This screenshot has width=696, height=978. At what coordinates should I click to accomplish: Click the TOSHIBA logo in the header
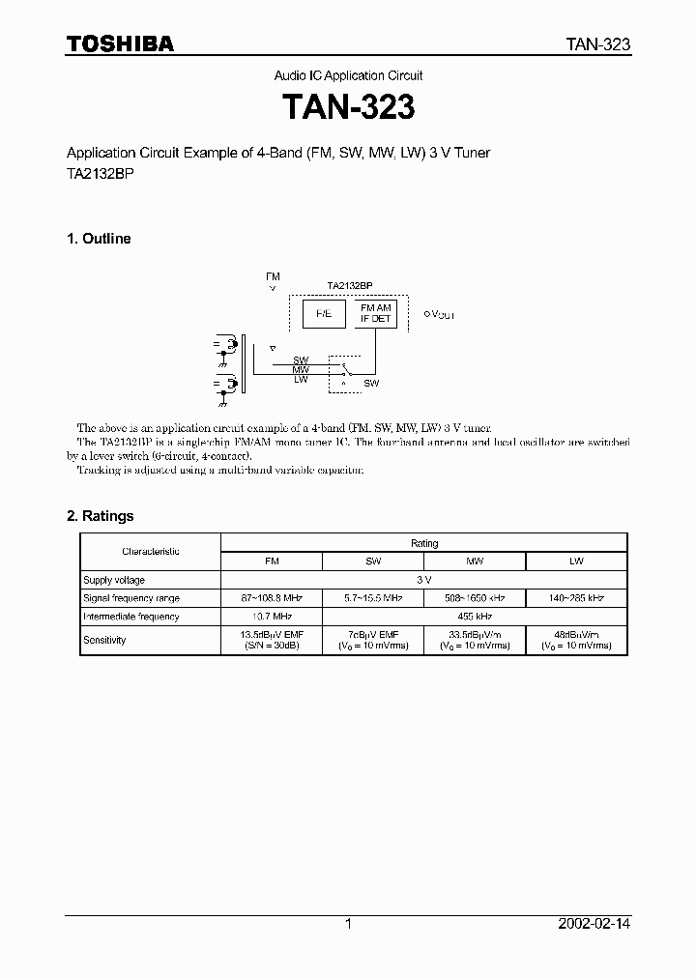click(x=120, y=43)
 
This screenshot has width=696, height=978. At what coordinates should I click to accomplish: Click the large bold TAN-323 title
click(x=348, y=107)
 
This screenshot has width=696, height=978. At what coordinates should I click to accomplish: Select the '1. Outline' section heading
click(x=99, y=239)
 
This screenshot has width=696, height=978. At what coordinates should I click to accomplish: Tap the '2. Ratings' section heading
click(x=101, y=516)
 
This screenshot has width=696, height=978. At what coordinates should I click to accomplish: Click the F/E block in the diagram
click(x=317, y=313)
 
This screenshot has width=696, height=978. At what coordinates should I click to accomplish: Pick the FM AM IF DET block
click(x=376, y=312)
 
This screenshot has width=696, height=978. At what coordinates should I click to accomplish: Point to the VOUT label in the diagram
click(x=441, y=315)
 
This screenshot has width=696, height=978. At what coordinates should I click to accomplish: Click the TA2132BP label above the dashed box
click(x=349, y=286)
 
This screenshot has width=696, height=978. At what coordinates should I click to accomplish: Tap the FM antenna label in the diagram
click(x=273, y=276)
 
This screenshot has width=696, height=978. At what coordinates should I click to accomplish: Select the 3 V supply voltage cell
click(x=424, y=580)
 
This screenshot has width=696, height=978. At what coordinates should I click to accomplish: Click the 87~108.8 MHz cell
click(x=272, y=598)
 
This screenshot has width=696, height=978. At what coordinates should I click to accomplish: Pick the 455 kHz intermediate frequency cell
click(x=475, y=617)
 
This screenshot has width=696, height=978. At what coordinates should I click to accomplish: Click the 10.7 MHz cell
click(x=272, y=617)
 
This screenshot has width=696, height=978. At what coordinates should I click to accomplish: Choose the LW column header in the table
click(x=577, y=561)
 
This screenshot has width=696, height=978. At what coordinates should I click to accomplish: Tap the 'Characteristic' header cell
click(x=151, y=551)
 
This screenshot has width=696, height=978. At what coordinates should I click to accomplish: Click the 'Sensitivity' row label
click(x=105, y=640)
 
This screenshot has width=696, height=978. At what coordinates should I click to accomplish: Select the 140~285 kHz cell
click(x=577, y=598)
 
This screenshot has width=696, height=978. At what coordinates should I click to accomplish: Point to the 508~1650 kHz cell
click(x=475, y=598)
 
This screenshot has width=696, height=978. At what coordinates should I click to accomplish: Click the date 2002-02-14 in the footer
click(x=594, y=924)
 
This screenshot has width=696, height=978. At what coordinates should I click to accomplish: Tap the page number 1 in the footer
click(x=348, y=924)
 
